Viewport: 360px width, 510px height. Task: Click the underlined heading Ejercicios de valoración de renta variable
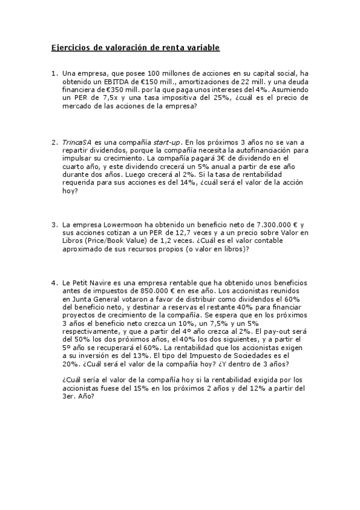(x=135, y=47)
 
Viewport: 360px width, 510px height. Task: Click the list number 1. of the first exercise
(x=55, y=74)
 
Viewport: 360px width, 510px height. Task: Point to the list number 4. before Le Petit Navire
(x=55, y=283)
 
